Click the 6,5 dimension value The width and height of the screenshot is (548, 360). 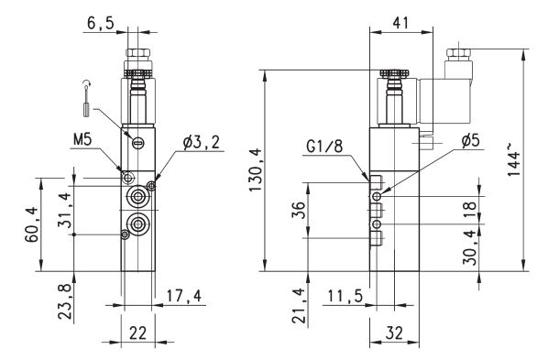point(101,24)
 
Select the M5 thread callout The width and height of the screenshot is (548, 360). point(82,140)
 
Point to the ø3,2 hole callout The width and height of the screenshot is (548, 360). point(202,143)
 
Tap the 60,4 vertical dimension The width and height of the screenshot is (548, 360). point(31,224)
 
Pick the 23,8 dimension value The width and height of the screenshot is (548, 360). point(65,301)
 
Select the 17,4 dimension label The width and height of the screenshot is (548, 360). point(184,296)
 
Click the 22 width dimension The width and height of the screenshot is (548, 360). point(137,333)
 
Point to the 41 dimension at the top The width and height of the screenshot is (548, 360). point(400,23)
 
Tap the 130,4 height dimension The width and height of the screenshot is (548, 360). point(256,169)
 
